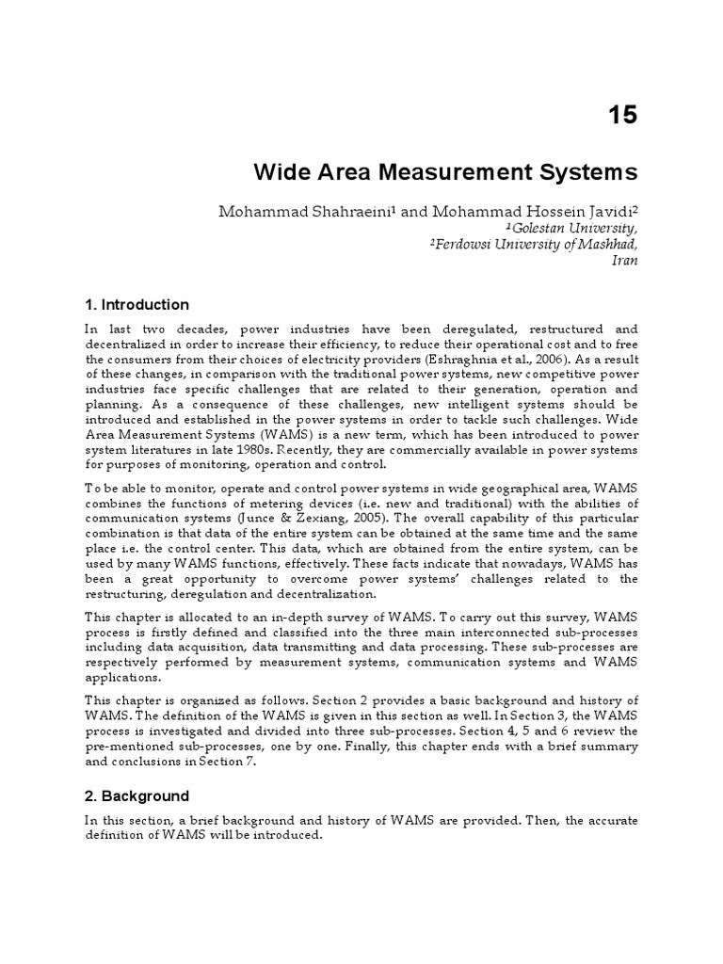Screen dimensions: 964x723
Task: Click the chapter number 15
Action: tap(621, 115)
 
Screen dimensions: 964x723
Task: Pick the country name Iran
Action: tap(625, 260)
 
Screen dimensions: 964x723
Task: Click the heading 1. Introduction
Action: tap(137, 304)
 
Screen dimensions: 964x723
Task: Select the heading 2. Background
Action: tap(137, 795)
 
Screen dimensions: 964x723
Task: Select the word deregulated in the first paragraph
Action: tap(442, 329)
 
